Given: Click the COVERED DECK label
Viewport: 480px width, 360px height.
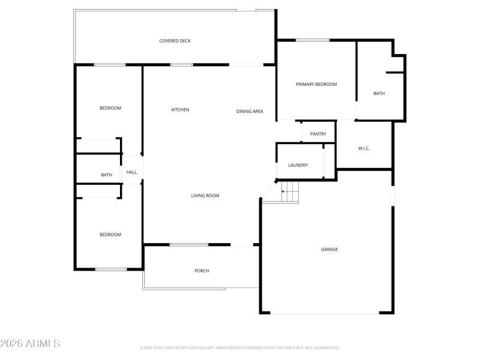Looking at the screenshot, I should tap(175, 41).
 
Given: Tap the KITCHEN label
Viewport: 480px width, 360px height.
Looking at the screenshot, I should tap(180, 110).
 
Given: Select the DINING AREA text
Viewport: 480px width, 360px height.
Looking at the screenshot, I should tap(250, 111).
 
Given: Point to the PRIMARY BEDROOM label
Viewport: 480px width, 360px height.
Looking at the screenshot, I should tap(316, 85).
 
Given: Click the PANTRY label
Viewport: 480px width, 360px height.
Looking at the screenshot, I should tap(318, 134).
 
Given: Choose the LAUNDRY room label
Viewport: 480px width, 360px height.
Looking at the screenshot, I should tap(298, 165).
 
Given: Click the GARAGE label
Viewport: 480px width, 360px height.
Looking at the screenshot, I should tap(329, 249).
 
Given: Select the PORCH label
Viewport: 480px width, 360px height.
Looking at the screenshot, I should tap(202, 271).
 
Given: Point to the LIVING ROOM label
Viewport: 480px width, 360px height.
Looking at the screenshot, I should tap(205, 196).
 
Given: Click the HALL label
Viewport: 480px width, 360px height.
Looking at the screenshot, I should tap(131, 172).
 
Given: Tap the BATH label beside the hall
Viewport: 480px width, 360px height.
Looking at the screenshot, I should tap(106, 175).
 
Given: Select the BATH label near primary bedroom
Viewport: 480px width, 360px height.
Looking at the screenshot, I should tap(379, 94).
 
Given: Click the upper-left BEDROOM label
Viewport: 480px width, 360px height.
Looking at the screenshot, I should tap(110, 108).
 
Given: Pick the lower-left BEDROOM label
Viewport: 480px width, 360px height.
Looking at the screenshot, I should tap(110, 235).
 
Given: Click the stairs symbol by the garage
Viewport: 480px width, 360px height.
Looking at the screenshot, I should tap(290, 193).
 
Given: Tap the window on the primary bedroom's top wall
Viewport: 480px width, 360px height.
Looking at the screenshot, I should tap(313, 40).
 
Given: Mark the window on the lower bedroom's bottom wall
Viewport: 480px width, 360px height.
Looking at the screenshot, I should tap(111, 269).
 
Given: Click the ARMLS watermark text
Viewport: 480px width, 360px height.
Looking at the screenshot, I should tap(30, 344).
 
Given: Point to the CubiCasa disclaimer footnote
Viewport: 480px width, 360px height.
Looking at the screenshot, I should tap(240, 347).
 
